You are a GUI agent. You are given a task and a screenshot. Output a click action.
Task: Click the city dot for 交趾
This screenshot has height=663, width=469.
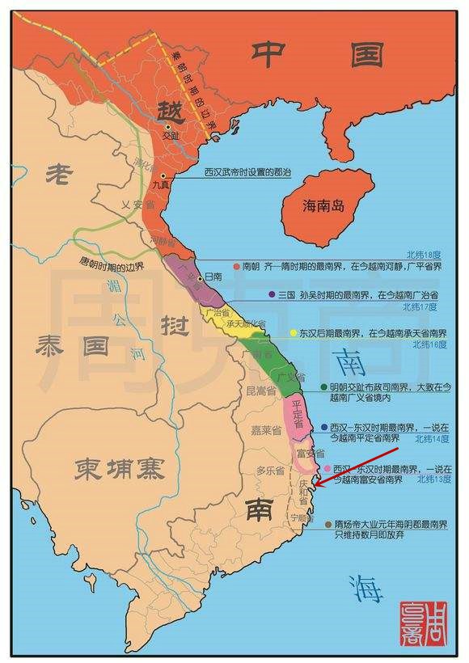point(168,127)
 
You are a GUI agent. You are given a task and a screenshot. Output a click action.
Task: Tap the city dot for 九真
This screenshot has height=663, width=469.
point(163,175)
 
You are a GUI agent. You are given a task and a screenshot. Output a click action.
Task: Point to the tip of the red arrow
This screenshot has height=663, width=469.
point(315,487)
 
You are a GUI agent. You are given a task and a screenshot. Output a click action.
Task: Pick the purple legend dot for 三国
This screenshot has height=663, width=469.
point(273,295)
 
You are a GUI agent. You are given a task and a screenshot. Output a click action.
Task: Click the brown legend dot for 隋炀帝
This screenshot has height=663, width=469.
point(327,524)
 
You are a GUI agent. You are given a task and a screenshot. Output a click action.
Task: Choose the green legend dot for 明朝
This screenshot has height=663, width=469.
point(323,387)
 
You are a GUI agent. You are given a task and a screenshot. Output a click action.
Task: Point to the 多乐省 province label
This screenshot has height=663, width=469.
point(269,470)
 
